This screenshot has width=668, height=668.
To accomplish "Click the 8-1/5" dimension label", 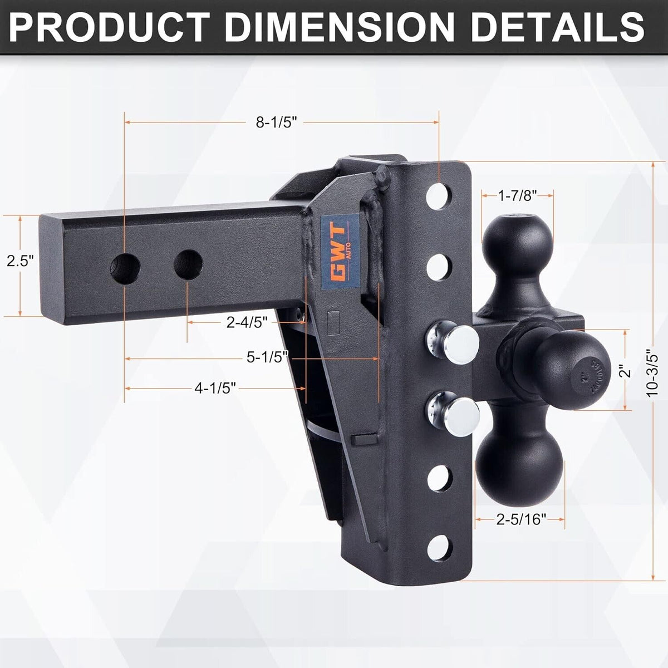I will (277, 123).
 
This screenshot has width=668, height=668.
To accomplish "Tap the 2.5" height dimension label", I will (20, 260).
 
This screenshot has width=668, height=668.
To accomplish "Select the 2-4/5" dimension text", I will (247, 322).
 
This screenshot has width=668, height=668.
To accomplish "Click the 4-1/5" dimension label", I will (216, 387).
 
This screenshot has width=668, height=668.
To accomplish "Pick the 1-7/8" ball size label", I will (517, 195).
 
